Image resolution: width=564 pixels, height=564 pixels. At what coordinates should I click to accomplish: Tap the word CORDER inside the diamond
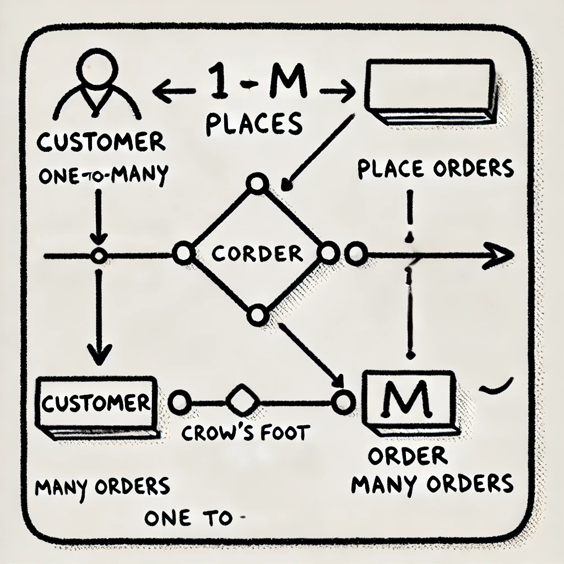coord(258,254)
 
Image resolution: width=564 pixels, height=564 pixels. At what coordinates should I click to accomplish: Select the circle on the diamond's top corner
coord(256,184)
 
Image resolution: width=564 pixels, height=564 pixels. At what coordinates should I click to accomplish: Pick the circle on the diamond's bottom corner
coord(257,315)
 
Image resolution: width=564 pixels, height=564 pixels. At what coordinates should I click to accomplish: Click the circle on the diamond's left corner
coord(182,254)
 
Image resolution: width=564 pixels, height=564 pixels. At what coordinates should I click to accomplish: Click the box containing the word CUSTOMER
coord(96,404)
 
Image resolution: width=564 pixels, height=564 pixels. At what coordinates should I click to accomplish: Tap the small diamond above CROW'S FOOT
coord(238,400)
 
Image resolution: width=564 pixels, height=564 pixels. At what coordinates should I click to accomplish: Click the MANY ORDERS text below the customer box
coord(102,487)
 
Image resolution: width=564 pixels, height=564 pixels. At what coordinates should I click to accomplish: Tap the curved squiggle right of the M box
coord(496,388)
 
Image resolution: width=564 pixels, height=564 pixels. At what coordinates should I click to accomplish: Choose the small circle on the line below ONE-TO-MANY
coord(99,256)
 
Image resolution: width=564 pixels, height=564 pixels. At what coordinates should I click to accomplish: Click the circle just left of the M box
coord(343,402)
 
